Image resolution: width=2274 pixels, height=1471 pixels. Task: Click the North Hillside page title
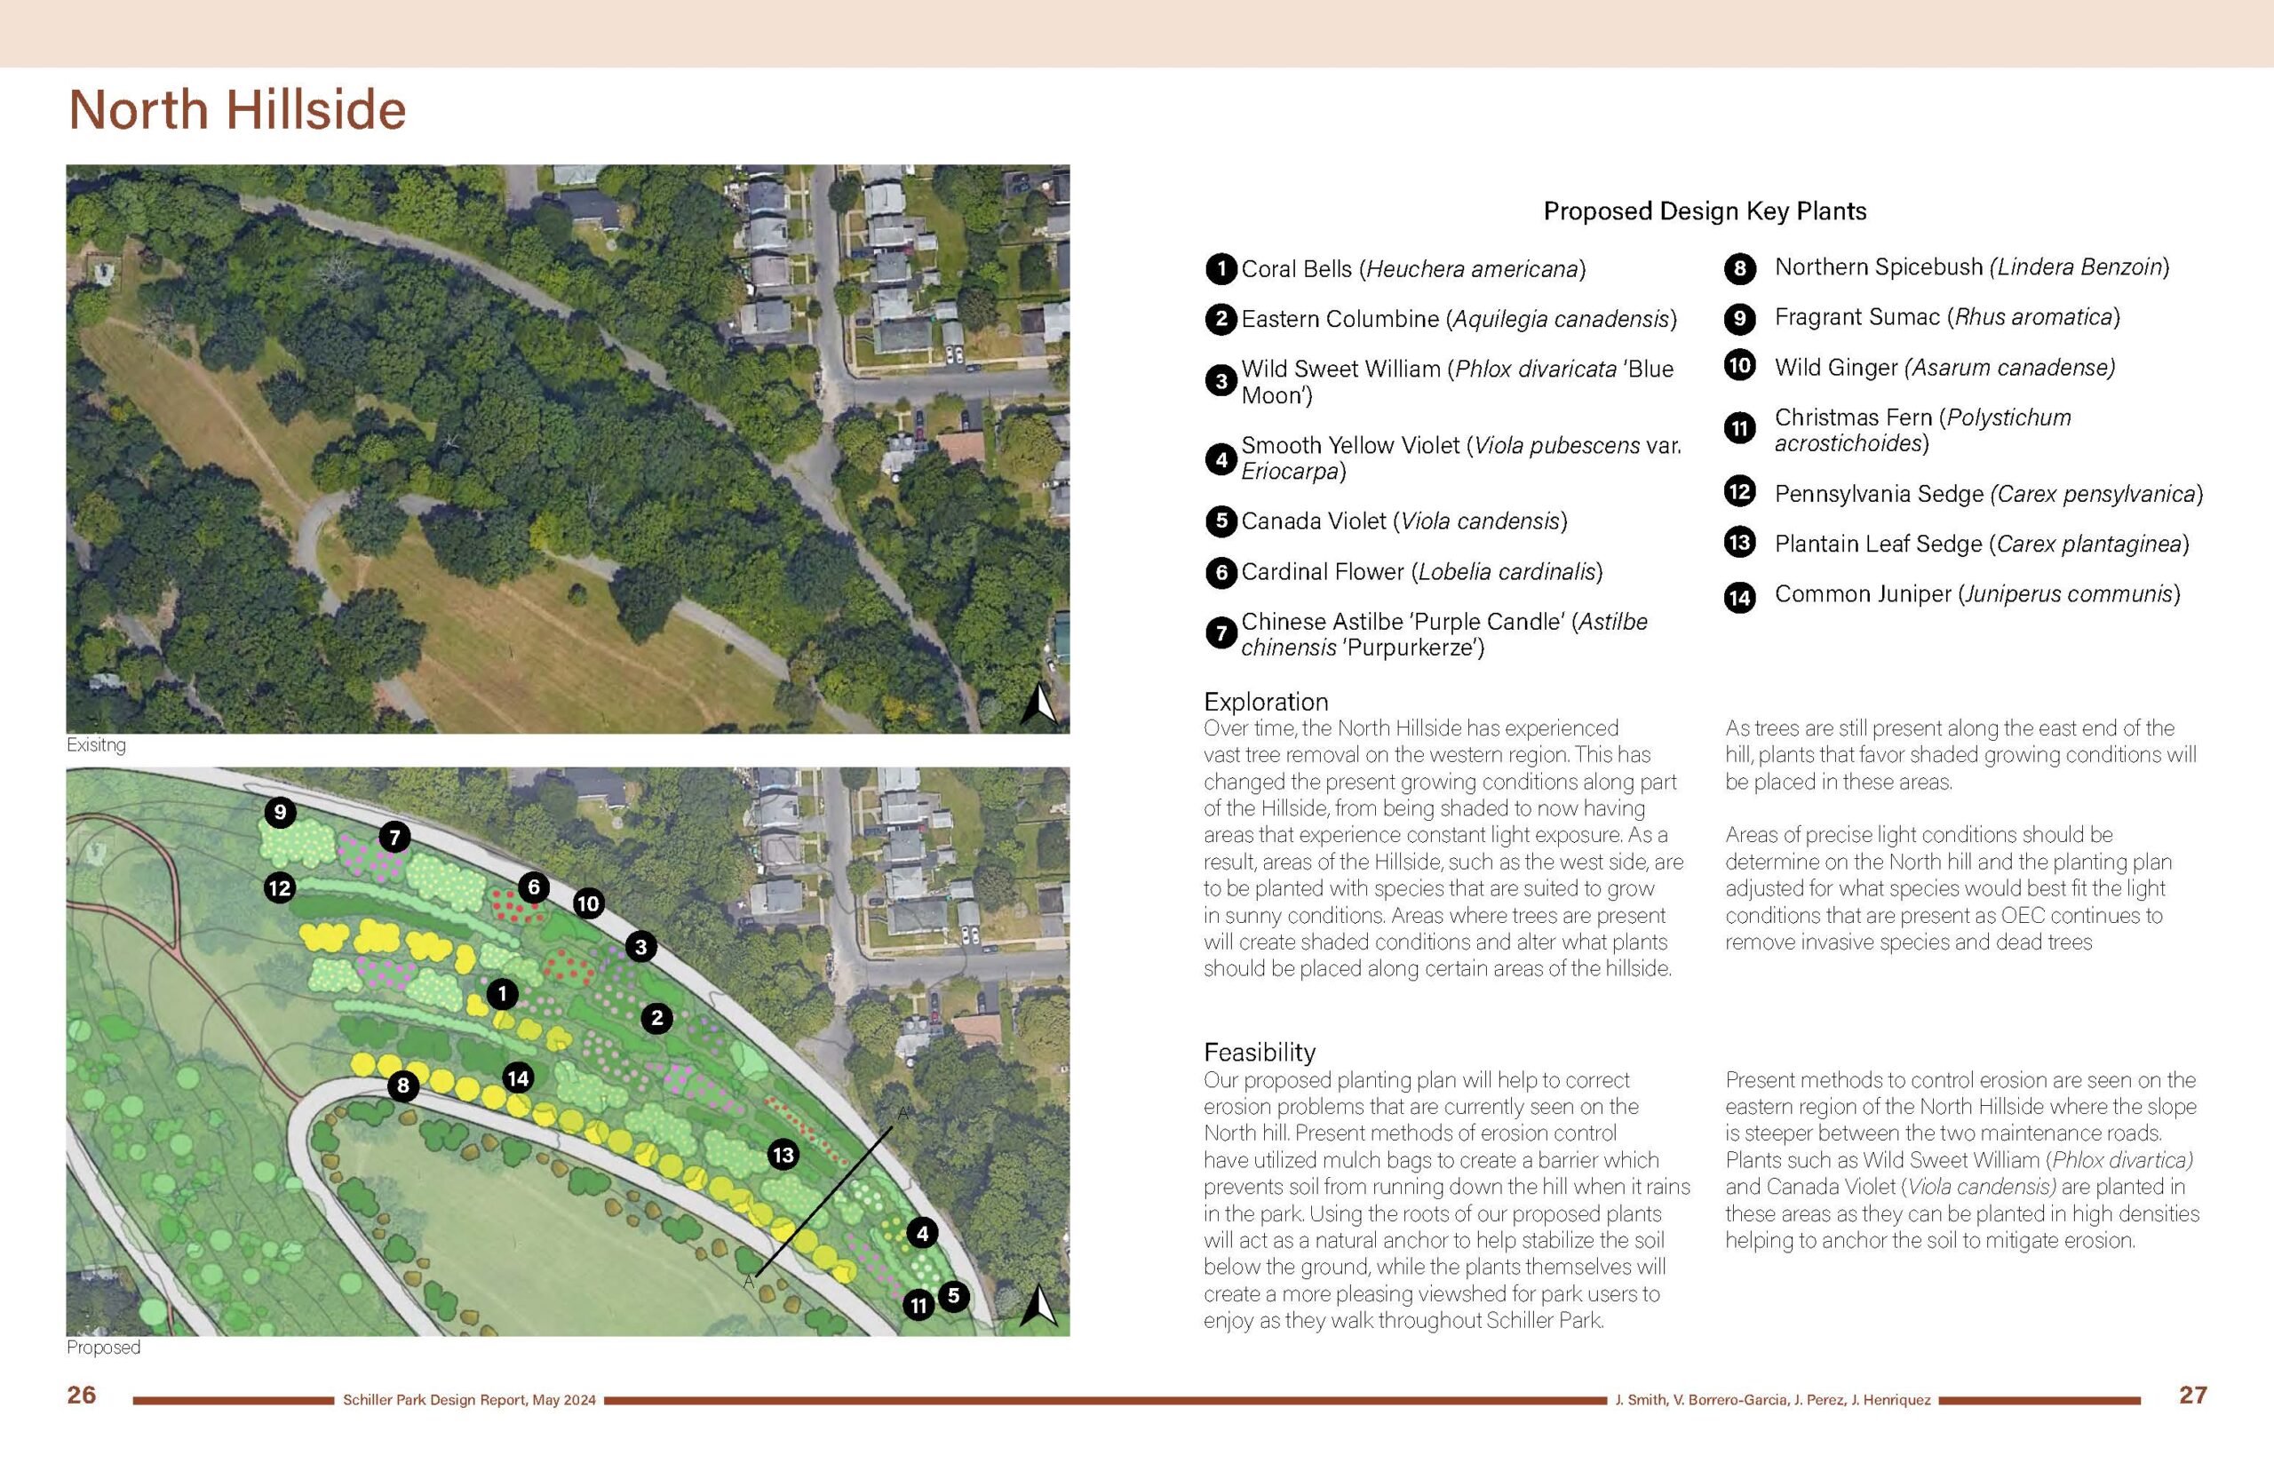pyautogui.click(x=237, y=110)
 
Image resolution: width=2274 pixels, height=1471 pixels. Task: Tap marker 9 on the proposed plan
pyautogui.click(x=280, y=813)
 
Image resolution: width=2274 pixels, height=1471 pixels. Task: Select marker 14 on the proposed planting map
pyautogui.click(x=518, y=1078)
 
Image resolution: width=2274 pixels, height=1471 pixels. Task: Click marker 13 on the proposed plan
pyautogui.click(x=783, y=1155)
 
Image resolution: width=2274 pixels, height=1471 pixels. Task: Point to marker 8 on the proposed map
pyautogui.click(x=403, y=1085)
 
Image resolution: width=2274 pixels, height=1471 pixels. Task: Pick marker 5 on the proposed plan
pyautogui.click(x=953, y=1296)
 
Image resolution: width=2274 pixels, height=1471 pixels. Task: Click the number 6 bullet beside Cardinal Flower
pyautogui.click(x=1220, y=572)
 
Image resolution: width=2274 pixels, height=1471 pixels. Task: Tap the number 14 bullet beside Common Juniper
pyautogui.click(x=1739, y=597)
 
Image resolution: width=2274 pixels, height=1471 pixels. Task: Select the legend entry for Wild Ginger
pyautogui.click(x=1944, y=367)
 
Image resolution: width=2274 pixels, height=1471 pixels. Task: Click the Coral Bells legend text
pyautogui.click(x=1412, y=269)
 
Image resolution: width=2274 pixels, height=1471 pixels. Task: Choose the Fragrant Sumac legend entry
pyautogui.click(x=1946, y=317)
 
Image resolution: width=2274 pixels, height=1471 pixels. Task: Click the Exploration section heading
pyautogui.click(x=1266, y=701)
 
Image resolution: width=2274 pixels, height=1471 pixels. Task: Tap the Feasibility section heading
pyautogui.click(x=1259, y=1052)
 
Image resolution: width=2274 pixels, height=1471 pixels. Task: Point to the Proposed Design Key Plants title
pyautogui.click(x=1705, y=211)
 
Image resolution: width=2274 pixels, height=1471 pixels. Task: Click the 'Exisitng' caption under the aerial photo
pyautogui.click(x=96, y=745)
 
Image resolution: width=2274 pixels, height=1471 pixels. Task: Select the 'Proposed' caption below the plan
pyautogui.click(x=103, y=1347)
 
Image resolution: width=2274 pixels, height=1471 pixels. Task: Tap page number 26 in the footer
pyautogui.click(x=81, y=1395)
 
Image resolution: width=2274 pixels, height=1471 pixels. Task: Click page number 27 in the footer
pyautogui.click(x=2193, y=1395)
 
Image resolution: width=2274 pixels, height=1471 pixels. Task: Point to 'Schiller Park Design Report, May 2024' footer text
pyautogui.click(x=469, y=1400)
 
